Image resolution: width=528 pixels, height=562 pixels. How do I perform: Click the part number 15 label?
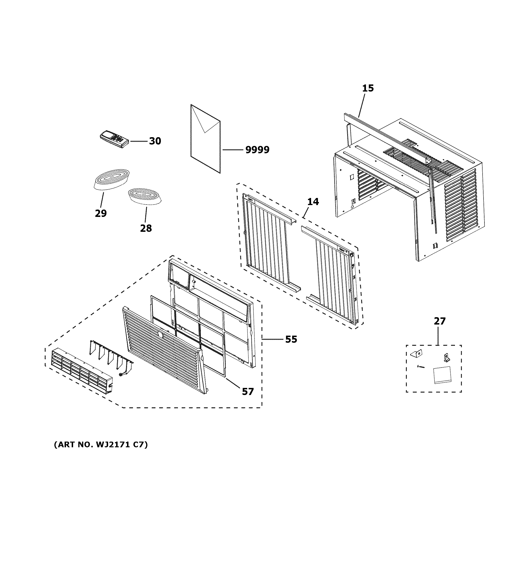coord(368,88)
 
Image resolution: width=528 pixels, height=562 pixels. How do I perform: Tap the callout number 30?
coord(155,141)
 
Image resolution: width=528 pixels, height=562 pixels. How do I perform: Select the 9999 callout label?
coord(257,149)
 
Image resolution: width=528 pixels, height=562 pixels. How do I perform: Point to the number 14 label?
coord(313,202)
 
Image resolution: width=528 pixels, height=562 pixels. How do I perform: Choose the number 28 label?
coord(146,228)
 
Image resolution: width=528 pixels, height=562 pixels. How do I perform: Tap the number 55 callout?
coord(291,339)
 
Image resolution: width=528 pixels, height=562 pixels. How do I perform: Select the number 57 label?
coord(248,391)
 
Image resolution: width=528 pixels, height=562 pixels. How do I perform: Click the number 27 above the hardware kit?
coord(440,321)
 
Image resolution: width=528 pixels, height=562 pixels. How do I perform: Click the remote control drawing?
coord(114,139)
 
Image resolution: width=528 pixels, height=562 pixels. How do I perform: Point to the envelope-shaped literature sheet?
coord(206,139)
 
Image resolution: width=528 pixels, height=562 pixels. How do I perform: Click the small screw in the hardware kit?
coord(421,367)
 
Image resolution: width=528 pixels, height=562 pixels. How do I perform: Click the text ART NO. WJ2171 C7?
coord(101,445)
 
